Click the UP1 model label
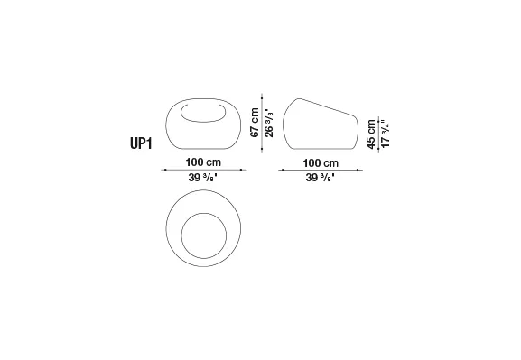click(x=141, y=143)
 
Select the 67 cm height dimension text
click(x=255, y=122)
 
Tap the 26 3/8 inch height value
click(x=269, y=122)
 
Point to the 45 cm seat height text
click(x=371, y=134)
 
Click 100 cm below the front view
click(x=203, y=162)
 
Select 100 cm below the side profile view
click(x=321, y=163)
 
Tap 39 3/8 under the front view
click(x=202, y=178)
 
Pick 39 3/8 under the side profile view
click(x=320, y=178)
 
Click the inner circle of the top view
click(x=181, y=235)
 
